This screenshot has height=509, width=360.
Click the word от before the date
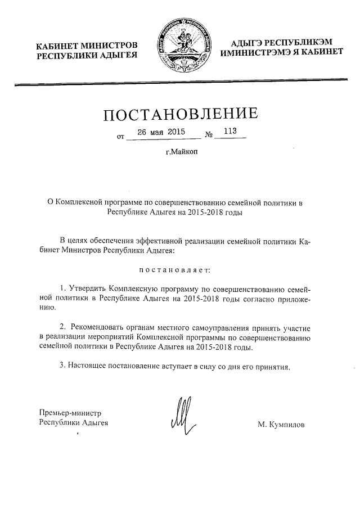(x=119, y=137)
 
